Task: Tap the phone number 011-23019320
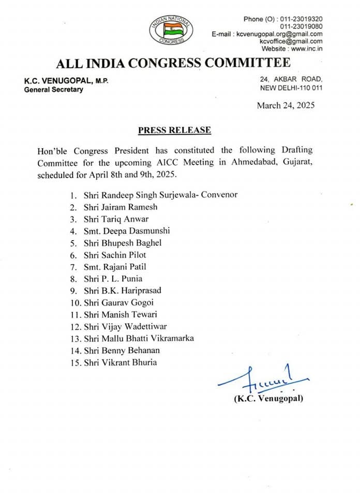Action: [x=301, y=19]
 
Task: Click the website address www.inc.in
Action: [x=307, y=49]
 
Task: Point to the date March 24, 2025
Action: [x=286, y=106]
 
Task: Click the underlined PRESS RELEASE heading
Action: [x=175, y=130]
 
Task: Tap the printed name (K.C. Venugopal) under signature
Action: [x=268, y=399]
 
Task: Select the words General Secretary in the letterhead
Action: [x=53, y=90]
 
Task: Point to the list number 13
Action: [x=74, y=338]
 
